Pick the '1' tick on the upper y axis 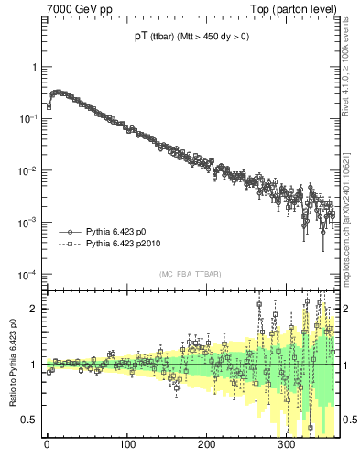[33, 67]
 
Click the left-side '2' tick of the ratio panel [33, 309]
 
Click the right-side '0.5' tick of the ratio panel [353, 420]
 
